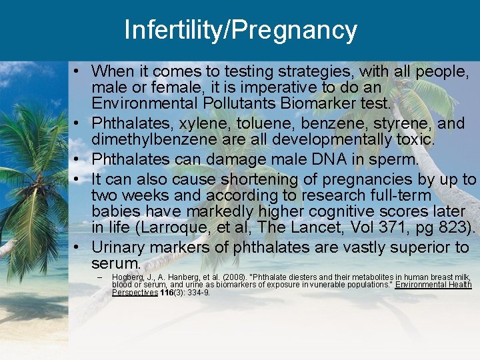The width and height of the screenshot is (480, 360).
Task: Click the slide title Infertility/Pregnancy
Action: pos(240,31)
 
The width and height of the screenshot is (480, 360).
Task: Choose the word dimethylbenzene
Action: pos(159,139)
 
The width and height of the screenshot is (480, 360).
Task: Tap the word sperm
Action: pos(393,159)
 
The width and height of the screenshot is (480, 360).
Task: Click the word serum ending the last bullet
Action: pos(116,263)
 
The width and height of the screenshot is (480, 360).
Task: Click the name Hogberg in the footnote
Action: pos(127,277)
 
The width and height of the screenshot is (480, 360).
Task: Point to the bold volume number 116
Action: pos(167,292)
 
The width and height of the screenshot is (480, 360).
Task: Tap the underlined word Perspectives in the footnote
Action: pos(134,292)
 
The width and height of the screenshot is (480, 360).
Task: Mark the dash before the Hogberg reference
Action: pos(99,277)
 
